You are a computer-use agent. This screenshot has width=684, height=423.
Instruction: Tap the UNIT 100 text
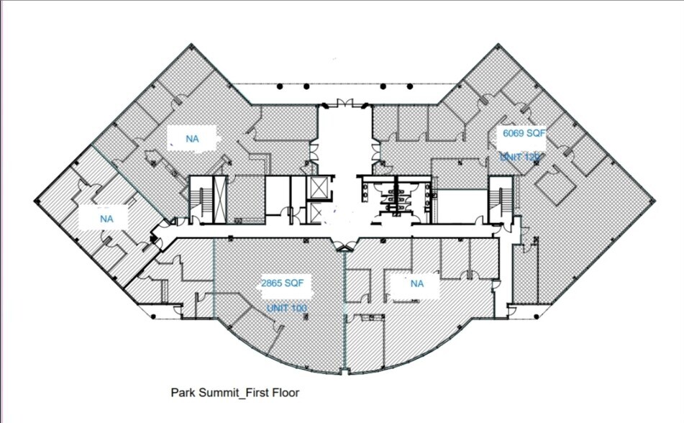coord(286,308)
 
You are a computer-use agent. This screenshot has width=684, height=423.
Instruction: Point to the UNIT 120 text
coord(519,156)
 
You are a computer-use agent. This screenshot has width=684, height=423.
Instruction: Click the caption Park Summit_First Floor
coord(234,393)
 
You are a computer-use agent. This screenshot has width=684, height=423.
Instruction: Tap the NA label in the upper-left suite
coord(192,139)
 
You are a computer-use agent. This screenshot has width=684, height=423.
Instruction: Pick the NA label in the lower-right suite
coord(416,283)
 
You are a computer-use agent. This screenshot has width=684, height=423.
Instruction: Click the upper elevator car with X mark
coord(316,186)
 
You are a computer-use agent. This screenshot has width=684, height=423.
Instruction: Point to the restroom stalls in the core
coord(395,194)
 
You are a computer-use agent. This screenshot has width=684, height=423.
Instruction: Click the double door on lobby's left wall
coord(314,152)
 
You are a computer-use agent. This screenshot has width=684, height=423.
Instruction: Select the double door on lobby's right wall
coord(375,152)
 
